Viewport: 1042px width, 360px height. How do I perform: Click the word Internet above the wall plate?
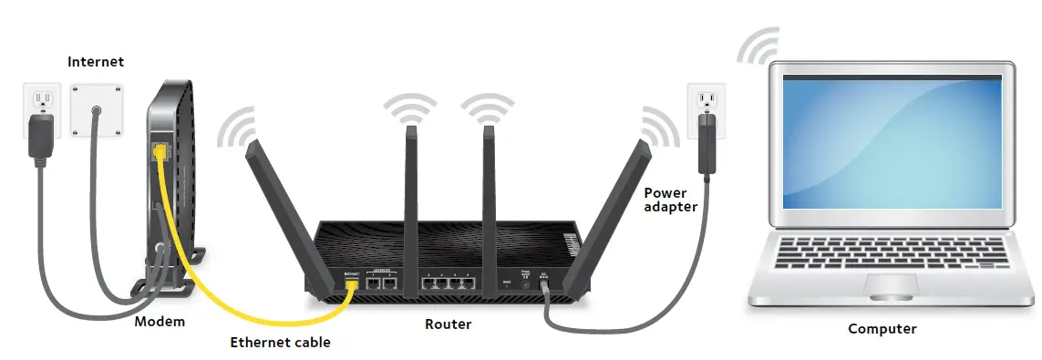(x=96, y=62)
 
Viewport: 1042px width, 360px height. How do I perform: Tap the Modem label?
(x=160, y=322)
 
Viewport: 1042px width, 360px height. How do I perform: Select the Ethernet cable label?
(x=280, y=343)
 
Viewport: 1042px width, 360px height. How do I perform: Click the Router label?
(x=449, y=324)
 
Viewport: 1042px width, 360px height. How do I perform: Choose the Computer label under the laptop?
(x=882, y=329)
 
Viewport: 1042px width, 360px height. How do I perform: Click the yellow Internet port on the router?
(x=352, y=283)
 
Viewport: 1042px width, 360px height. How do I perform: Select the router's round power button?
(x=525, y=283)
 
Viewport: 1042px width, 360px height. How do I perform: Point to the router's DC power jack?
(x=544, y=283)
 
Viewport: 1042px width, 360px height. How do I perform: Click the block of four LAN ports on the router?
(x=449, y=282)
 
